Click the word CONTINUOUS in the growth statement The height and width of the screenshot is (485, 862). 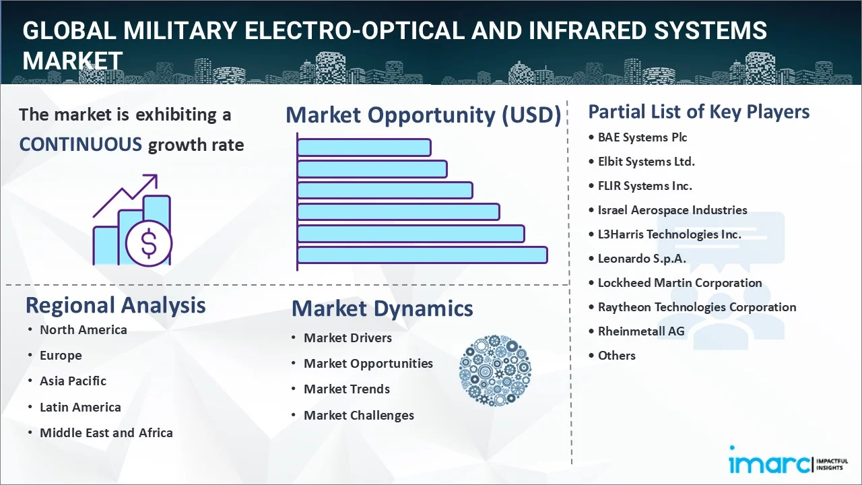pyautogui.click(x=81, y=145)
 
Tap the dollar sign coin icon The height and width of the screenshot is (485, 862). pyautogui.click(x=149, y=244)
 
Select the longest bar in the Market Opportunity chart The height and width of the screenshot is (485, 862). pyautogui.click(x=422, y=255)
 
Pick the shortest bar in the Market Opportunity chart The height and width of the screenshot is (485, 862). pyautogui.click(x=364, y=148)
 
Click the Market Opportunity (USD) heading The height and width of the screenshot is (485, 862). pyautogui.click(x=424, y=115)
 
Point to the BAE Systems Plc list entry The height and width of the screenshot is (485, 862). pyautogui.click(x=642, y=137)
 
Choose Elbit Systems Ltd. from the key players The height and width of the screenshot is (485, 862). pyautogui.click(x=646, y=162)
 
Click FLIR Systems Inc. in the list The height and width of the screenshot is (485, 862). pyautogui.click(x=644, y=186)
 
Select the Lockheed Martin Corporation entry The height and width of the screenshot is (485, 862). pyautogui.click(x=679, y=283)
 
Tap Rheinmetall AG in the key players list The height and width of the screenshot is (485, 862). pyautogui.click(x=641, y=331)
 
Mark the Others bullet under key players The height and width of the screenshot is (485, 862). pyautogui.click(x=616, y=355)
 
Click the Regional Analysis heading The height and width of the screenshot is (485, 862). pyautogui.click(x=115, y=305)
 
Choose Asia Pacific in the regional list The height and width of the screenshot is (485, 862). pyautogui.click(x=73, y=381)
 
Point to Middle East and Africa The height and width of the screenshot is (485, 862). pyautogui.click(x=106, y=432)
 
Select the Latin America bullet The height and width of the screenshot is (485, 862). pyautogui.click(x=80, y=407)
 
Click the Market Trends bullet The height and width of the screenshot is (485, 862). pyautogui.click(x=347, y=389)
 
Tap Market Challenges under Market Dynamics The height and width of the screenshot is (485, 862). pyautogui.click(x=359, y=416)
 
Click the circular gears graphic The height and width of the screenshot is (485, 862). pyautogui.click(x=495, y=370)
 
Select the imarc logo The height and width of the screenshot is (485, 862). pyautogui.click(x=789, y=460)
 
